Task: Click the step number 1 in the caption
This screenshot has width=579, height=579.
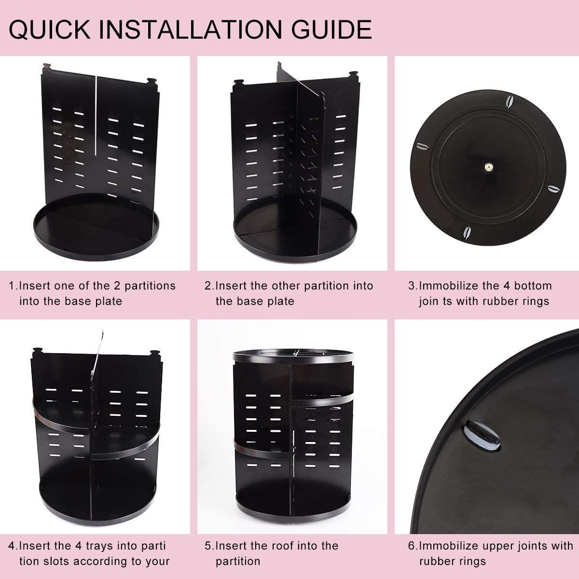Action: [12, 286]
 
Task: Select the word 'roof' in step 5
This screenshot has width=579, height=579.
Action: [292, 546]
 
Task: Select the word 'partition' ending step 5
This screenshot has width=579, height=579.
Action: [238, 561]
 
